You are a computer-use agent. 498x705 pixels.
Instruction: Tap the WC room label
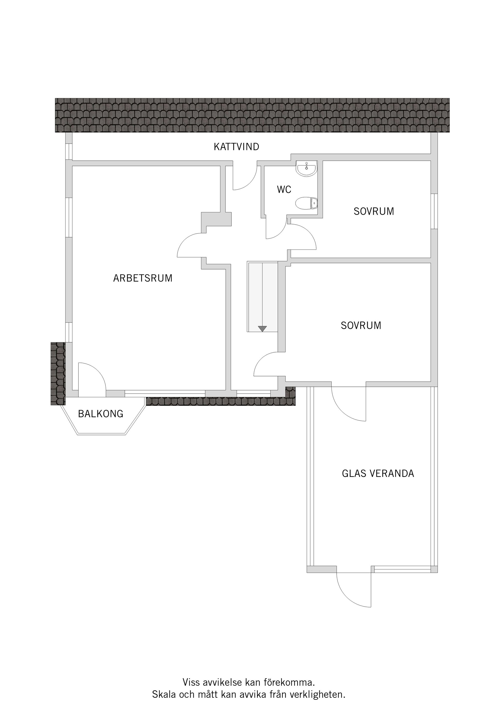[x=284, y=189]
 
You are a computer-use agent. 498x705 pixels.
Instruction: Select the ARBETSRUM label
[x=143, y=278]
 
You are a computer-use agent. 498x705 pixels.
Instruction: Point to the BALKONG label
[x=101, y=414]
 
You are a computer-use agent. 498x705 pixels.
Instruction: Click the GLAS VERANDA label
[x=378, y=473]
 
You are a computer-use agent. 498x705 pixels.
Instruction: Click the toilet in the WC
[x=306, y=203]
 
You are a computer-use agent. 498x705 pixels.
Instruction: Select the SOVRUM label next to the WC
[x=374, y=211]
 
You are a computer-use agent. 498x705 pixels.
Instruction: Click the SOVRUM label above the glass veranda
[x=361, y=326]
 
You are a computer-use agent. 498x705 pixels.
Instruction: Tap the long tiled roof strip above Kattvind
[x=252, y=115]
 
